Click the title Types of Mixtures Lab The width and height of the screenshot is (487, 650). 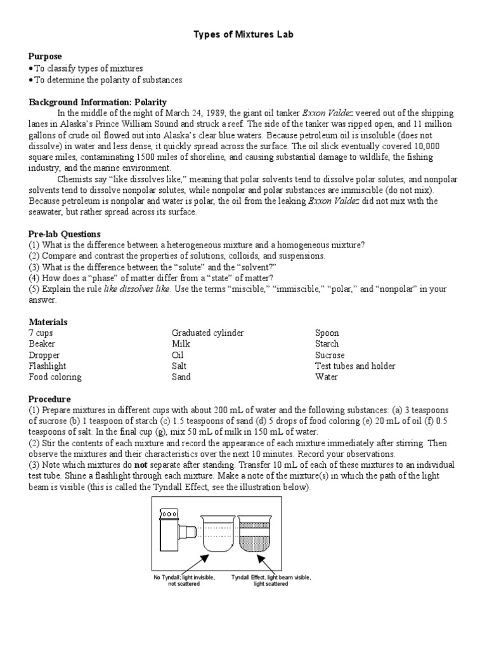[x=243, y=35]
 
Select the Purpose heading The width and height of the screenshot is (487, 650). [x=45, y=56]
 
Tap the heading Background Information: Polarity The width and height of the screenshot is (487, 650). [x=98, y=102]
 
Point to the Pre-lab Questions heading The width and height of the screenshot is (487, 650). [x=65, y=234]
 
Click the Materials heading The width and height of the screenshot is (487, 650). [x=48, y=322]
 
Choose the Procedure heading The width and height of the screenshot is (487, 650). [x=49, y=399]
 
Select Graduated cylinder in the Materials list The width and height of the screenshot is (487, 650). [x=207, y=333]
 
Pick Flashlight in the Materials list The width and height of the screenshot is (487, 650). [x=48, y=366]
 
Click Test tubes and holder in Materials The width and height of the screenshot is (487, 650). [x=355, y=366]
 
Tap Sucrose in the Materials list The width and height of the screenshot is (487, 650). [x=330, y=355]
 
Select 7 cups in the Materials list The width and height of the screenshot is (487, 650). [x=42, y=333]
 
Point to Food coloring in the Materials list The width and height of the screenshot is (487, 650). [x=55, y=377]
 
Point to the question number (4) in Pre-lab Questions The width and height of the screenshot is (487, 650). [x=36, y=278]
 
